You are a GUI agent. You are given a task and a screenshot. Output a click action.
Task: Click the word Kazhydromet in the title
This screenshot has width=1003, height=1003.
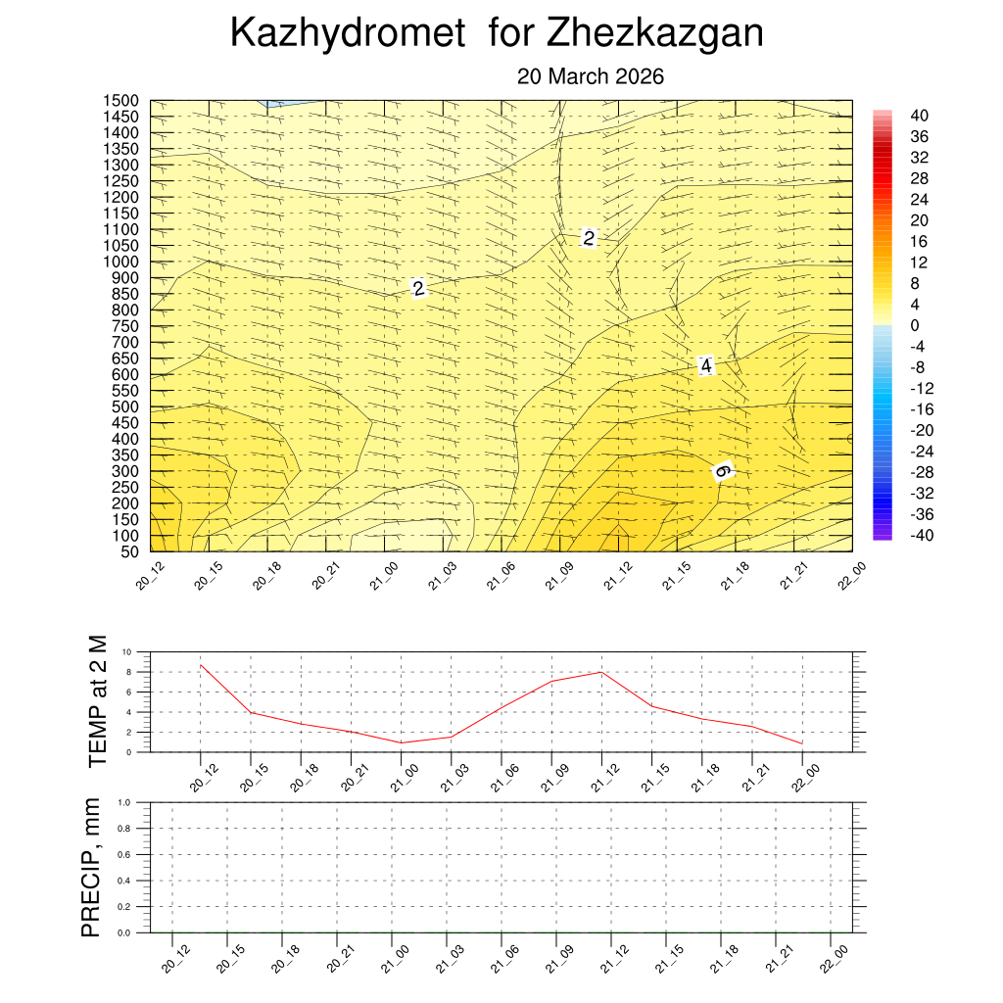347,34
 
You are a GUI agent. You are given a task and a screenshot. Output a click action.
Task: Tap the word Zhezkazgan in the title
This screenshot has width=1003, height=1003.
654,34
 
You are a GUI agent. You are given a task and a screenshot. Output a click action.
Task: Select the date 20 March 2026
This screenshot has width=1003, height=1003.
591,77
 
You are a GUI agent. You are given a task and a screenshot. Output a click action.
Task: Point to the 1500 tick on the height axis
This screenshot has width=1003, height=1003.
122,101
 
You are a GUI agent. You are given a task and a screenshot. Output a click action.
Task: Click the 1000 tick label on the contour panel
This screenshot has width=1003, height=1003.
122,262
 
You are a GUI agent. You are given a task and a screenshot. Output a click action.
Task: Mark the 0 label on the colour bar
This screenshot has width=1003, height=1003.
914,325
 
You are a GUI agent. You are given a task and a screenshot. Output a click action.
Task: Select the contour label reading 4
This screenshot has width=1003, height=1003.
706,366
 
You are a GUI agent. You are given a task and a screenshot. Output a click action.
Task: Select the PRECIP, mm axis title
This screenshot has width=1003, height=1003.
91,867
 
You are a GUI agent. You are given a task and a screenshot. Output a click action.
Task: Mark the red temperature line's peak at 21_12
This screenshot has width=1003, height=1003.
601,672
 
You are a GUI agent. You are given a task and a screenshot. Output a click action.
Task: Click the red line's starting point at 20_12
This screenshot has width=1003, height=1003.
200,665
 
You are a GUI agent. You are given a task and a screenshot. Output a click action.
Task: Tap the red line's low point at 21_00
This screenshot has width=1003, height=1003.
401,742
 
